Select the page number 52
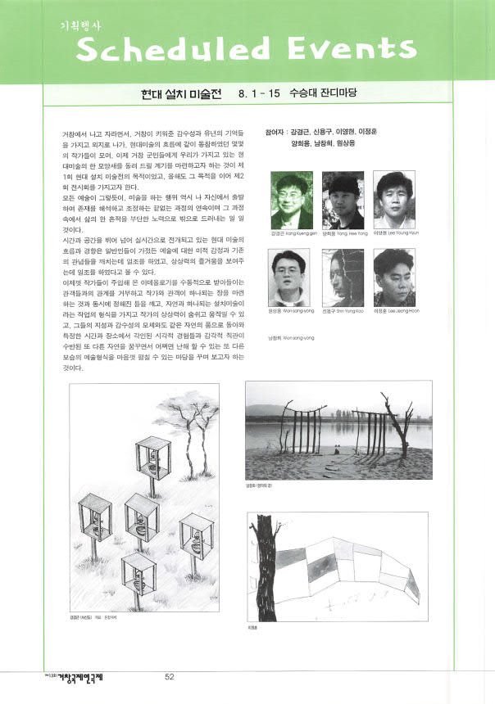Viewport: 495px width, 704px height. click(x=170, y=676)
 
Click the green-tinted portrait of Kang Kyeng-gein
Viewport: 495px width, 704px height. click(x=292, y=200)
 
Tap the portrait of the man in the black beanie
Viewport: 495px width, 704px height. click(x=343, y=200)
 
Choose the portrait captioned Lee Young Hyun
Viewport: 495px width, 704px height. click(x=395, y=200)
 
